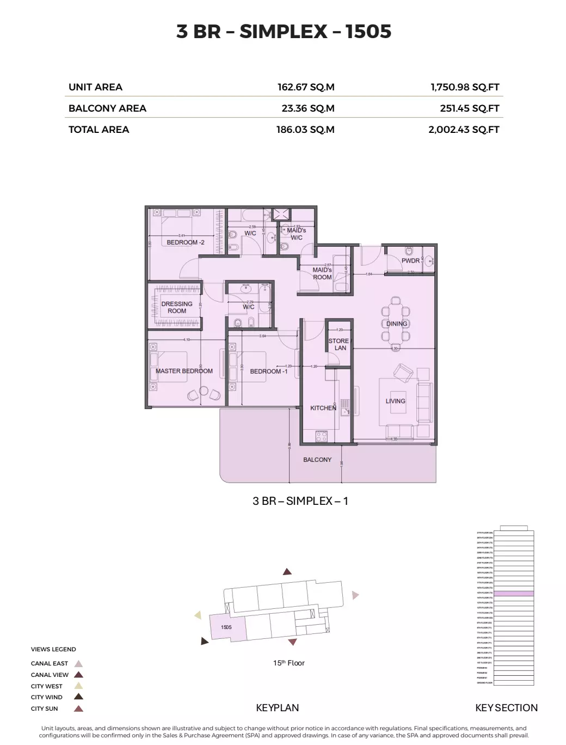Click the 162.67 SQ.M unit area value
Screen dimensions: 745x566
[x=305, y=87]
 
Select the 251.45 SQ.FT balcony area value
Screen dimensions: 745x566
[x=469, y=108]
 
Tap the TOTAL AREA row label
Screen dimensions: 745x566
[x=99, y=130]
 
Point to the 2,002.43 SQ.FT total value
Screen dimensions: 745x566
[x=464, y=130]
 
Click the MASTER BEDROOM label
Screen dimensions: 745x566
[x=184, y=371]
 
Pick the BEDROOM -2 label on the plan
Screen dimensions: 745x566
[x=185, y=242]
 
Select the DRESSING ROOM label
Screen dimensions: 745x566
[x=177, y=308]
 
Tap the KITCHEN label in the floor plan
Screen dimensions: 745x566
[x=323, y=408]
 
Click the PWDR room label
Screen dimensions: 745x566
[x=410, y=261]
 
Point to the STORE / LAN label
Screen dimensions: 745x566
[x=339, y=344]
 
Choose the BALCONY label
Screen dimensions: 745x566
[x=317, y=460]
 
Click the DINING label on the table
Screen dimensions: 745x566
[x=397, y=323]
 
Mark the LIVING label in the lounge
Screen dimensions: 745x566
[x=396, y=401]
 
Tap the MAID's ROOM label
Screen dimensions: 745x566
[x=322, y=273]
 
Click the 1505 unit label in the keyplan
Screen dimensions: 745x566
[x=226, y=627]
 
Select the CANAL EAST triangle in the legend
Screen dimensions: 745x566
[x=78, y=664]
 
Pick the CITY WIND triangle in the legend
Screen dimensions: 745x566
[x=78, y=697]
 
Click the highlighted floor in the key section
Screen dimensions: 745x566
[x=513, y=593]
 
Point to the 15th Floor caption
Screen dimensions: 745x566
[x=288, y=663]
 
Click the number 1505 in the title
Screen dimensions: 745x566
[x=368, y=32]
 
